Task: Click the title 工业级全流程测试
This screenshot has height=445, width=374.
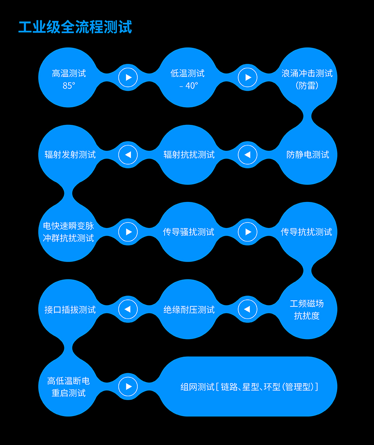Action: tap(75, 26)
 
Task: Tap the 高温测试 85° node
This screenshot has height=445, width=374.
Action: tap(69, 79)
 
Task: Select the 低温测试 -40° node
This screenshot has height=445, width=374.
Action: tap(188, 79)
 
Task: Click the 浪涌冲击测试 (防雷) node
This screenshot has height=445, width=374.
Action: tap(307, 79)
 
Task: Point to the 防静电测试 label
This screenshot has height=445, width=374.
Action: tap(308, 155)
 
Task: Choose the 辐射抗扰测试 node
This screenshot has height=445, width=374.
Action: tap(188, 155)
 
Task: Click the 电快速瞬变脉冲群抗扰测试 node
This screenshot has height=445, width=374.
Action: tap(69, 232)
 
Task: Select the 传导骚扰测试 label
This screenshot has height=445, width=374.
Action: tap(188, 232)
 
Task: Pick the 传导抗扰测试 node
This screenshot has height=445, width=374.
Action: tap(307, 232)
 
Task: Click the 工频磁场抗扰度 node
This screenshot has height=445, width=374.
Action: tap(307, 309)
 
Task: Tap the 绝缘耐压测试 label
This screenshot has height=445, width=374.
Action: tap(188, 310)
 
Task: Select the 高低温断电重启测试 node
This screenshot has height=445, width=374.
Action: tap(69, 386)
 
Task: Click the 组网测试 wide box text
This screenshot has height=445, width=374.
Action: tap(249, 387)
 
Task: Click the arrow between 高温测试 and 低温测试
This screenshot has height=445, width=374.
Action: tap(128, 77)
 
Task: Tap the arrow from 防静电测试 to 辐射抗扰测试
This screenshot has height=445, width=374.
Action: tap(247, 155)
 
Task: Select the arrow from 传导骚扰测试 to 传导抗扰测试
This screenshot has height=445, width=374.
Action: tap(247, 232)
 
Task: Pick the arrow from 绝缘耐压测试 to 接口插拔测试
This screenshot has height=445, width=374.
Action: tap(128, 310)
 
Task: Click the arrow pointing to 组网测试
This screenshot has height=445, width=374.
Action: tap(128, 386)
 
